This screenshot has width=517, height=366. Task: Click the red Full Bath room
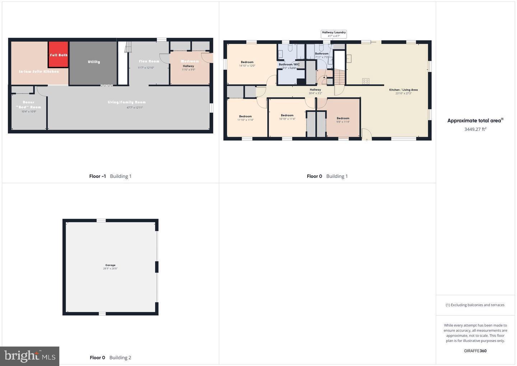(58, 55)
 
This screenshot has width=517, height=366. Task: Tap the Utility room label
(94, 62)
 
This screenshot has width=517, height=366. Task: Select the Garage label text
(110, 265)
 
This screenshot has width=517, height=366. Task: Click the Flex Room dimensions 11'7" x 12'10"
(146, 68)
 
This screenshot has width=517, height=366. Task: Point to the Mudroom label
(190, 61)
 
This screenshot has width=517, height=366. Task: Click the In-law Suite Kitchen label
(39, 72)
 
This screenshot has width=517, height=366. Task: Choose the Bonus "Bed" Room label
(29, 105)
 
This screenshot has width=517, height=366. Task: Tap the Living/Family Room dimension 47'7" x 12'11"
(135, 107)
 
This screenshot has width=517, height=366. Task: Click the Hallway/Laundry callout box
(334, 34)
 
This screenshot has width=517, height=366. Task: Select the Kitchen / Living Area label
(403, 90)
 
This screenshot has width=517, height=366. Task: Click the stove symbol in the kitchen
(365, 81)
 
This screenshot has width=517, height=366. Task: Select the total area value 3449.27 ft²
(475, 129)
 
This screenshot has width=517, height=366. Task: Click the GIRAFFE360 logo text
(475, 351)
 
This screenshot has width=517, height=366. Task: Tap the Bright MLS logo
(30, 356)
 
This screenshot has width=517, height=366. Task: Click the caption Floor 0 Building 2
(110, 357)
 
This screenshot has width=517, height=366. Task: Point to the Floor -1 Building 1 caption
(110, 176)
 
